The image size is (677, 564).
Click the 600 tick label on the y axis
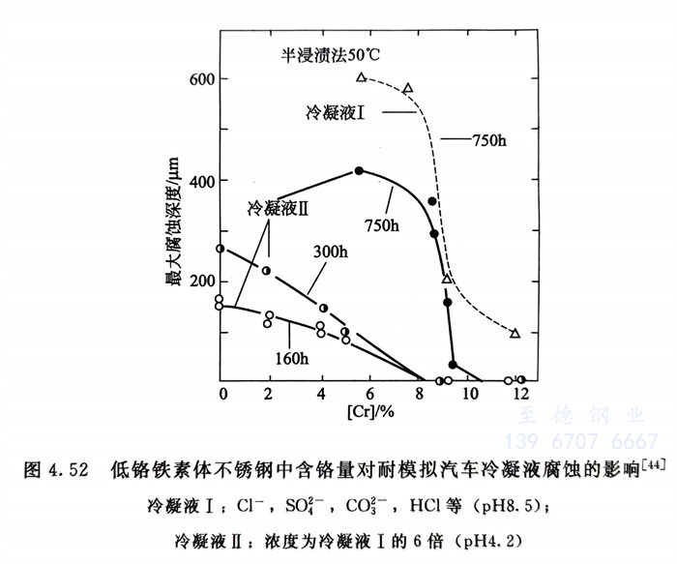[200, 78]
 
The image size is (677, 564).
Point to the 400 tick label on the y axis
[200, 181]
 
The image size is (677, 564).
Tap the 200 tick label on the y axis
[200, 282]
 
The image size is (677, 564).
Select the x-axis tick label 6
[369, 395]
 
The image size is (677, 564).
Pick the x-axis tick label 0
[221, 395]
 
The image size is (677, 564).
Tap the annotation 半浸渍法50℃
[323, 54]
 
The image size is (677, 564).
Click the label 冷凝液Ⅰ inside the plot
[335, 113]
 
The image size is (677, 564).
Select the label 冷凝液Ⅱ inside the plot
[278, 207]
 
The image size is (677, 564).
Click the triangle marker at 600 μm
[361, 77]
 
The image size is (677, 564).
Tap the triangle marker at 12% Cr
[515, 334]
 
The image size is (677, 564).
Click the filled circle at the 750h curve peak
[359, 170]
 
